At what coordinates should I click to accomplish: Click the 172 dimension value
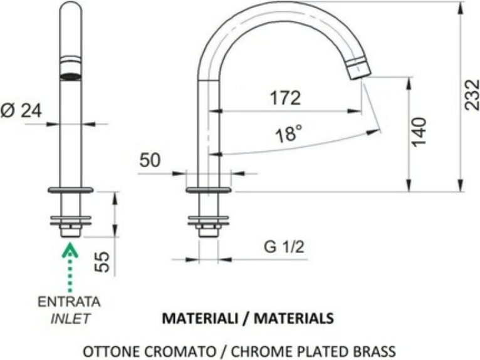[285, 98]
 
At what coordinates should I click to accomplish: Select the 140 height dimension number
[419, 132]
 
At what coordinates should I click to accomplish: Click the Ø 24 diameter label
[21, 110]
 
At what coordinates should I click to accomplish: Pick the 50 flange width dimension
[150, 160]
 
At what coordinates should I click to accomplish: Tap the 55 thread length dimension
[102, 262]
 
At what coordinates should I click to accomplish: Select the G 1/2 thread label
[284, 247]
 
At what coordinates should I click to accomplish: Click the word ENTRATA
[69, 302]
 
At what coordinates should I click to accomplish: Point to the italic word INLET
[70, 319]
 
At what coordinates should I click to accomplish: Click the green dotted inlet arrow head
[70, 250]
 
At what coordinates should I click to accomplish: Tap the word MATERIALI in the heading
[200, 319]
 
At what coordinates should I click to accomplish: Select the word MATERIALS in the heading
[294, 319]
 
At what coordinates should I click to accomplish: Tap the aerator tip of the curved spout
[359, 68]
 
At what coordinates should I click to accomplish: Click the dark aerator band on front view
[71, 77]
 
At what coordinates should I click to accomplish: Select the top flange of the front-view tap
[71, 190]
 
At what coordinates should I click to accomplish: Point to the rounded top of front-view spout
[71, 6]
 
